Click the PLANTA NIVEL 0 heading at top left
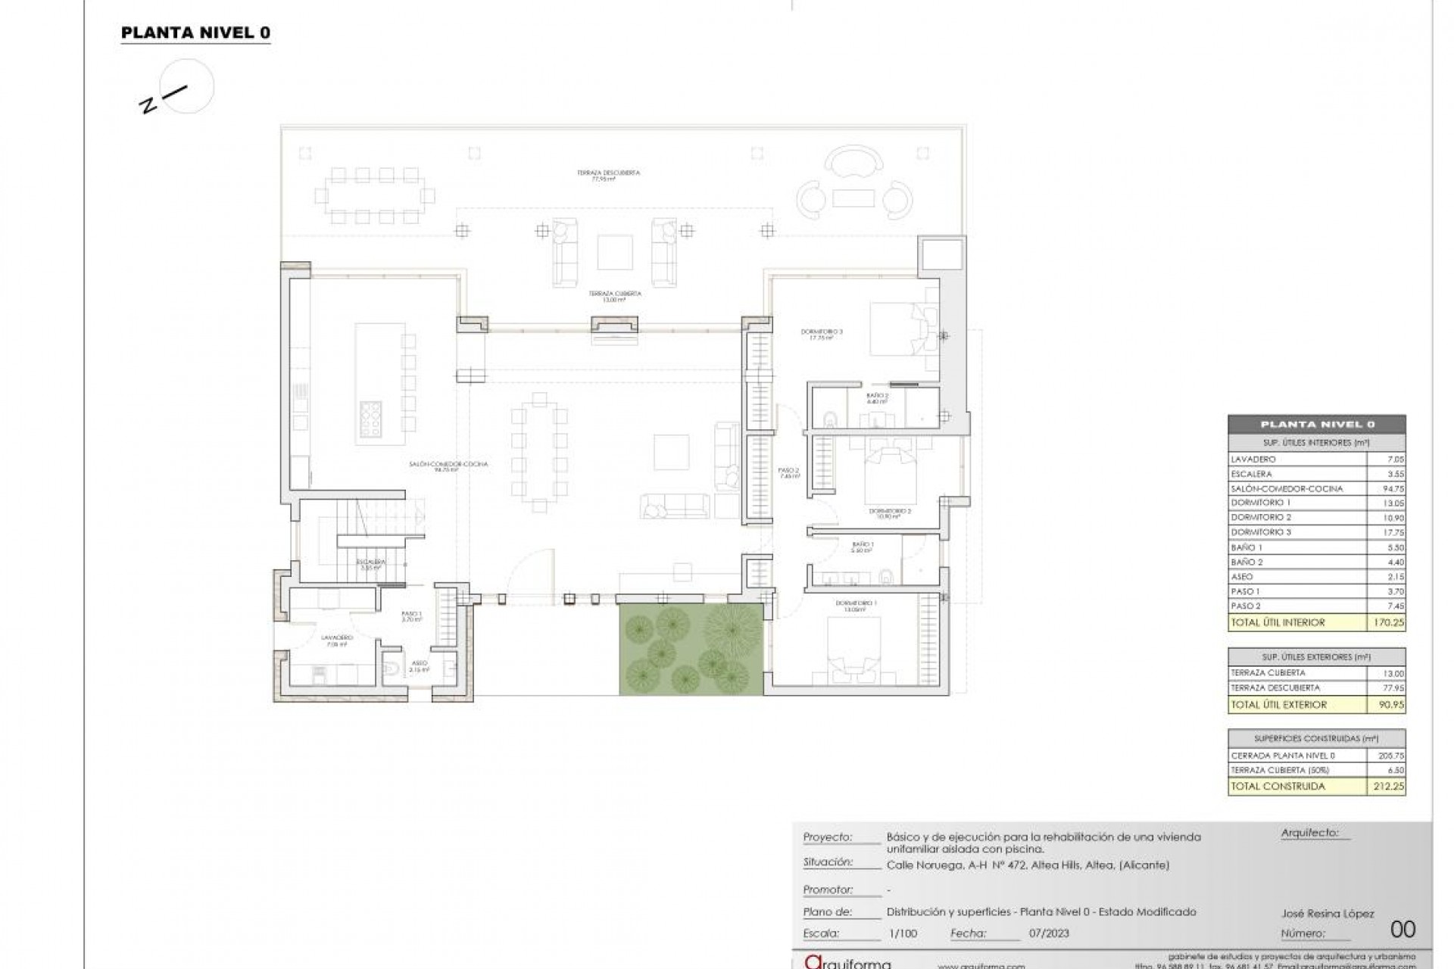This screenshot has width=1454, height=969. pos(195,33)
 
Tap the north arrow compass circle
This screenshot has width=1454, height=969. pos(189,86)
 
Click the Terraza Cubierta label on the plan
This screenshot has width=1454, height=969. pos(615,294)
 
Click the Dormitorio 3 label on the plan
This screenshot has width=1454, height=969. pos(822,332)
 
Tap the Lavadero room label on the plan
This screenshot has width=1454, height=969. pos(337,639)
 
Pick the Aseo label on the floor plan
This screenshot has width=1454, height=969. pos(419,664)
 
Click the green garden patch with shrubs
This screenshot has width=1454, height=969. pos(691,650)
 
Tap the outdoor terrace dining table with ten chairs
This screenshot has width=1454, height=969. pos(376,196)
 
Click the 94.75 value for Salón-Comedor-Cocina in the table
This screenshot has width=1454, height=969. pos(1393,489)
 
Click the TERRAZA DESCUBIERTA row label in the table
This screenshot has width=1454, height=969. pos(1275,688)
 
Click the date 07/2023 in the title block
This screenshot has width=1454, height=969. pos(1049,933)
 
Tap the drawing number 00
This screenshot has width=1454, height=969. pos(1403,930)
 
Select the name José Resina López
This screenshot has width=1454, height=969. pos(1327,914)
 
